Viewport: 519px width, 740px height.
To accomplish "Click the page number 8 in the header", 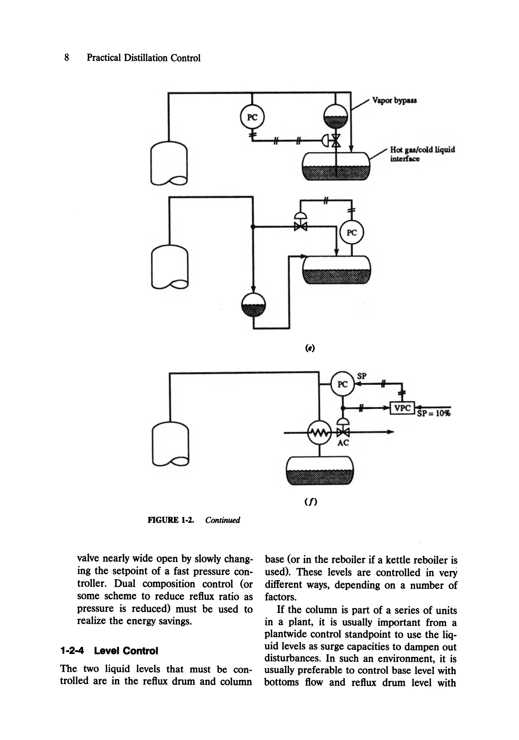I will [66, 58].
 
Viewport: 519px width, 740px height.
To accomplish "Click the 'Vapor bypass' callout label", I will [394, 100].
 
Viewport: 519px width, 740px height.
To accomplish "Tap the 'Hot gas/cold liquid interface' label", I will [422, 154].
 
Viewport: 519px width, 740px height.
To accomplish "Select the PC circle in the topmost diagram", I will [252, 117].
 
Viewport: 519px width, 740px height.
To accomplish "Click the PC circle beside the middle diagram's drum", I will [352, 232].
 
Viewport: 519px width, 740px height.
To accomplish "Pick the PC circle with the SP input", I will [342, 384].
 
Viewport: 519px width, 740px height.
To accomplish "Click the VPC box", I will [402, 408].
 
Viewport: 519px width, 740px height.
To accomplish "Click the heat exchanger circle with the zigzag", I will [319, 433].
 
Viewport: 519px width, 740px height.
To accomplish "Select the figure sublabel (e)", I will [310, 348].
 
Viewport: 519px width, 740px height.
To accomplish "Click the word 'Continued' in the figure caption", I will [223, 520].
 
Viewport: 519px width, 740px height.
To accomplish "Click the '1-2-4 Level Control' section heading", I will [109, 651].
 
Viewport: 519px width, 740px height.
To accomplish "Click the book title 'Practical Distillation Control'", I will [143, 58].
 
